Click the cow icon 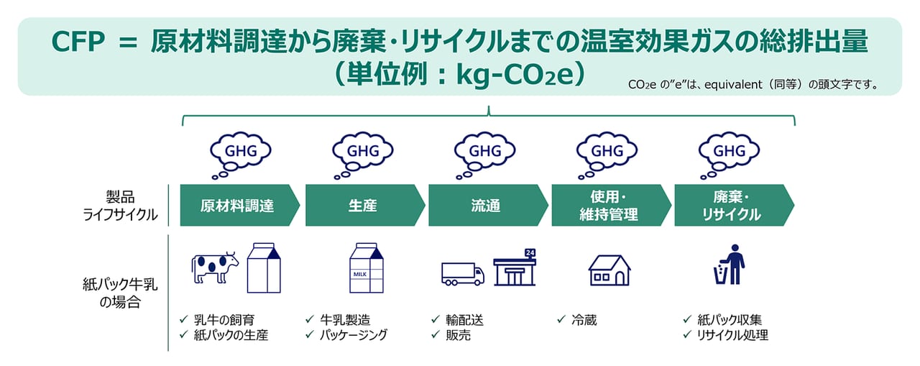pos(215,267)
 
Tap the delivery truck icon pos(463,274)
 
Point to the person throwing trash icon pos(730,265)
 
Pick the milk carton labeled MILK pos(367,267)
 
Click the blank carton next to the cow pos(264,267)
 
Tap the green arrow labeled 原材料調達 pos(240,205)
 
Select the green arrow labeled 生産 pos(365,205)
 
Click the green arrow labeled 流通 pos(488,205)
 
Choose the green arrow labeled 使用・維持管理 pos(611,205)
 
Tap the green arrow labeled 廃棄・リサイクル pos(735,205)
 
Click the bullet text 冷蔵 pos(584,320)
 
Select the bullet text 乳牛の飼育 pos(224,320)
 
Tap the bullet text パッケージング pos(353,335)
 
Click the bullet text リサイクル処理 pos(732,335)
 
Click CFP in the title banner pos(78,42)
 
